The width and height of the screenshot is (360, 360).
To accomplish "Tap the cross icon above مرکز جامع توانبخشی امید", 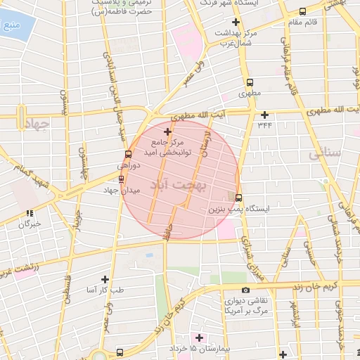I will pos(167,131).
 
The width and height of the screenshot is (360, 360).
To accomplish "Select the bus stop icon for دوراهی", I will pos(127,155).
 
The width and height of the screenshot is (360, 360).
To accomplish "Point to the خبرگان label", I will pos(31,224).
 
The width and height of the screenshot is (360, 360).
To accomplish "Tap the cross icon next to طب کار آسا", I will pos(105,279).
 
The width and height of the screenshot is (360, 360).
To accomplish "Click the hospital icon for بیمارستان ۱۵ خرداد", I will pos(199,337).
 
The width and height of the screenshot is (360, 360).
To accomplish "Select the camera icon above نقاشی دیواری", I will pos(245,290).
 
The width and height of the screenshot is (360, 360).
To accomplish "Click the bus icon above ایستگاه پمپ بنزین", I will pos(238,198).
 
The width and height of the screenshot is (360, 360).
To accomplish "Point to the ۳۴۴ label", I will pos(264,126).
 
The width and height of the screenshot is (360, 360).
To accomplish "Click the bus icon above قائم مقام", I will pos(302,11).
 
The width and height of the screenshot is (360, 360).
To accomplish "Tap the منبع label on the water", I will pos(11,29).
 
